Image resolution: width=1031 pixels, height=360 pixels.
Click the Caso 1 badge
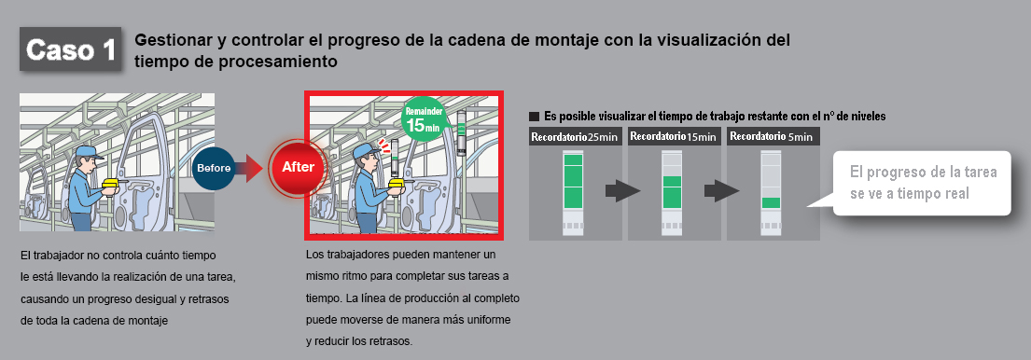tap(70, 48)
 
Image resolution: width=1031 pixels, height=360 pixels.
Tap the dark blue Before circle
tap(214, 168)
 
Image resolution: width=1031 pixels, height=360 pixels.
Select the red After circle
tap(298, 168)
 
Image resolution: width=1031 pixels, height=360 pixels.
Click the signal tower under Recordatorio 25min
tap(574, 193)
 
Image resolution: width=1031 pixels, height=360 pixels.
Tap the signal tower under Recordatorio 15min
tap(672, 193)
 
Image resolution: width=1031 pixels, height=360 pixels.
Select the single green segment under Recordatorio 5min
tap(771, 203)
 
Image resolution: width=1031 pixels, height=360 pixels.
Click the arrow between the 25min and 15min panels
tap(622, 192)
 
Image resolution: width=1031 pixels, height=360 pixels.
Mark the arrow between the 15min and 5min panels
tap(721, 192)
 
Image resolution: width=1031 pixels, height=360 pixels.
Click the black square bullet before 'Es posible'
tap(534, 117)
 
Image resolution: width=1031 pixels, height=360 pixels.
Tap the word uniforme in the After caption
tap(490, 319)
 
